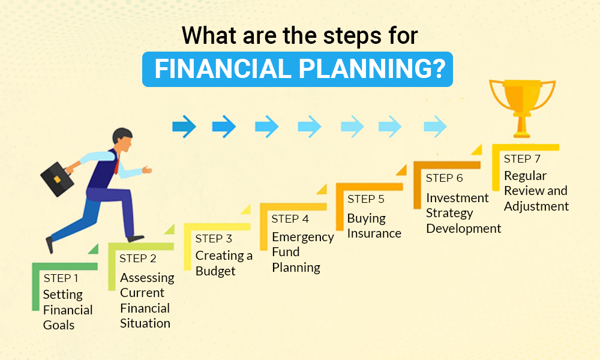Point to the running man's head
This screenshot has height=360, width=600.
point(122,141)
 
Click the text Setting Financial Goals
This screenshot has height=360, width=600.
point(67,310)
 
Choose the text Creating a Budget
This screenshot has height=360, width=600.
point(223,263)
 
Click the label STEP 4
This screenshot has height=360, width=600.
point(290,219)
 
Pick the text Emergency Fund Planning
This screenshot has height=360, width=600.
point(302,252)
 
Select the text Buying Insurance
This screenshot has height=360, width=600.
point(374,226)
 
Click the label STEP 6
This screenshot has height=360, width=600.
point(444,178)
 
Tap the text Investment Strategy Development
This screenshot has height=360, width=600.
point(463,213)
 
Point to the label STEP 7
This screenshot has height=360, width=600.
point(522,159)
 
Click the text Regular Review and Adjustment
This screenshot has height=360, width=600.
point(536,191)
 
